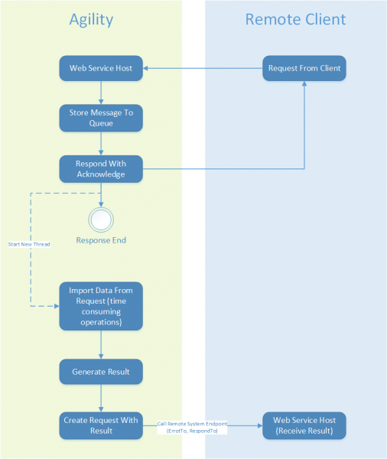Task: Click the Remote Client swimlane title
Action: (x=295, y=20)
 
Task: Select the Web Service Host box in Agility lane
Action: (x=101, y=68)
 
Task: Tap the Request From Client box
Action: (x=304, y=68)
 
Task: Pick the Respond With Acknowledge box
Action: (x=101, y=169)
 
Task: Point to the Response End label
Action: (x=101, y=240)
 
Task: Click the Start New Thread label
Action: (x=28, y=244)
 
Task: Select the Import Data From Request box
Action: (x=101, y=306)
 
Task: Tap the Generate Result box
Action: (x=101, y=372)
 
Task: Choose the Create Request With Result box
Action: (x=101, y=425)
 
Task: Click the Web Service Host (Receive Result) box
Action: (x=304, y=425)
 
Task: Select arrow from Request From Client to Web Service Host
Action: (x=203, y=68)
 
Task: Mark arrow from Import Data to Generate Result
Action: (x=101, y=344)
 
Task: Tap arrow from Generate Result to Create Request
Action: (x=101, y=399)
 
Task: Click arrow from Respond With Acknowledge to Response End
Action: (x=101, y=194)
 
